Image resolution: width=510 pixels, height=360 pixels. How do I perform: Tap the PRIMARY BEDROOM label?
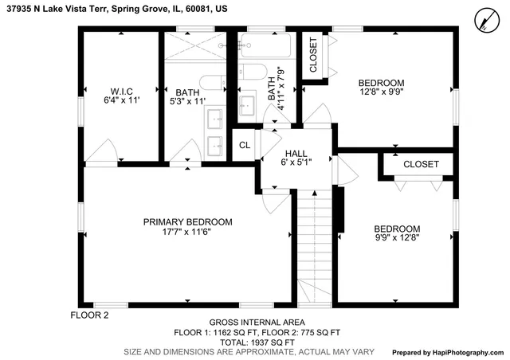[x=187, y=221]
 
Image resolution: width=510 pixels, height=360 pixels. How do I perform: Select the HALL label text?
[x=296, y=152]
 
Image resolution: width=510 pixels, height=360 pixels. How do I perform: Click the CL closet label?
[x=244, y=146]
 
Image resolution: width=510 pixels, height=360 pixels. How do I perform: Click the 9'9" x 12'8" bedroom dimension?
[x=397, y=237]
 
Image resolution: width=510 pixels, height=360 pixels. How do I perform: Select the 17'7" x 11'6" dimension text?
[x=187, y=231]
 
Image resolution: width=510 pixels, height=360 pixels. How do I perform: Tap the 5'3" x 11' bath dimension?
[x=187, y=101]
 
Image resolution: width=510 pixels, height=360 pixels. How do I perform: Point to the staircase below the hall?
[x=315, y=247]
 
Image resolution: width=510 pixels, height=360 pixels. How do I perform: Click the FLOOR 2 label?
[x=89, y=315]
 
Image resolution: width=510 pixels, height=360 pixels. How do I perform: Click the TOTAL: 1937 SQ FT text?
[x=257, y=341]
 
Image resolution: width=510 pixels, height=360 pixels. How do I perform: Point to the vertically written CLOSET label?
[x=313, y=55]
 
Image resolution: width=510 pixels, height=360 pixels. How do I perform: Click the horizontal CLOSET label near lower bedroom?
[x=421, y=164]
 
